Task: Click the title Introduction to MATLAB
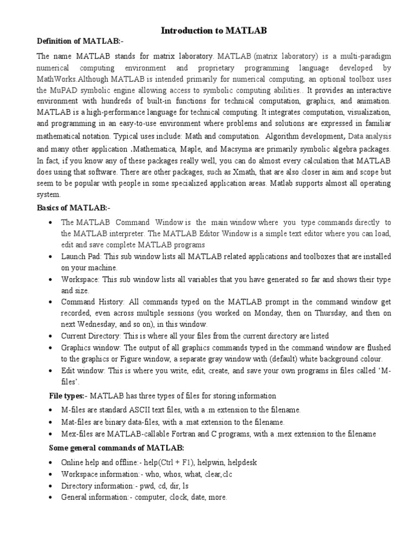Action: [214, 31]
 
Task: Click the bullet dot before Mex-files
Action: [50, 434]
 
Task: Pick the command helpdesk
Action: [243, 463]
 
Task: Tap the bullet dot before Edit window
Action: [50, 371]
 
